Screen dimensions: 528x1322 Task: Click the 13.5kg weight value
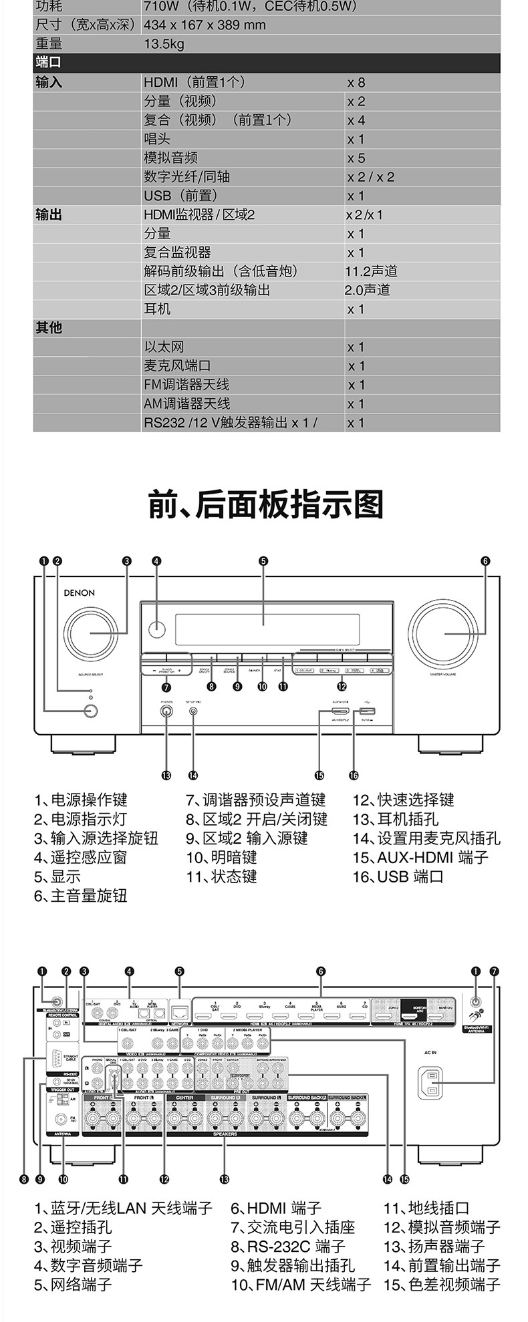tap(164, 44)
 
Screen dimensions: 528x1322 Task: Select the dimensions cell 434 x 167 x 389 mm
tap(205, 25)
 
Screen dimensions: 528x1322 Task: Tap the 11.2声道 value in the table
tap(371, 271)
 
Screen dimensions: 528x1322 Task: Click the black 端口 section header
tap(48, 63)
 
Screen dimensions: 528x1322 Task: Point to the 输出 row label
tap(48, 215)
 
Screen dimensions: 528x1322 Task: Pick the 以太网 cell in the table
tap(164, 347)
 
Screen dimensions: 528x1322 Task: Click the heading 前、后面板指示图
tap(265, 504)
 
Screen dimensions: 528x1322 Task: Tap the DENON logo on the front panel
tap(79, 593)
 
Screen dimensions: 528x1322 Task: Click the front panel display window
tap(267, 629)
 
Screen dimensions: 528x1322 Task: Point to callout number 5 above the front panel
tap(263, 561)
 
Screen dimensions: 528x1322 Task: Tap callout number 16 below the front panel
tap(354, 775)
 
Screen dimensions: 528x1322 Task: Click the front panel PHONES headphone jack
tap(166, 711)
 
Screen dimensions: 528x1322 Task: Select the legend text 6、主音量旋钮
tap(81, 896)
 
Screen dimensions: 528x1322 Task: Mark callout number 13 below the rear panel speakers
tap(225, 1180)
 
